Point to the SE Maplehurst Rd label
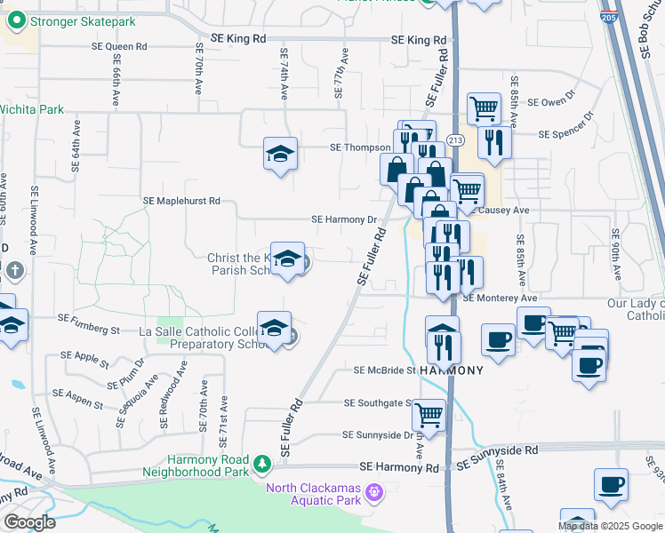click(181, 202)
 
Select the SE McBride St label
click(384, 370)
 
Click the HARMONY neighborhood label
click(452, 370)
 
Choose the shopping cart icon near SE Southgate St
click(429, 414)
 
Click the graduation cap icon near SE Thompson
click(280, 154)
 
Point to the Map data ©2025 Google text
click(610, 526)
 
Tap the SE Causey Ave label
click(504, 211)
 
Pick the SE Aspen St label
click(78, 397)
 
